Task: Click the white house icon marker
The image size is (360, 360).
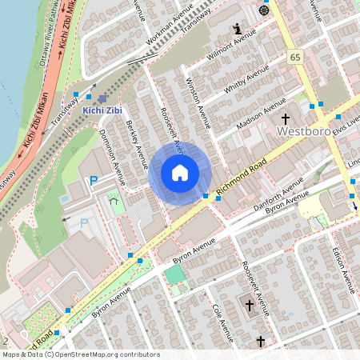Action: coord(180,172)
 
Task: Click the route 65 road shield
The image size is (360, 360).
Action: coord(294,57)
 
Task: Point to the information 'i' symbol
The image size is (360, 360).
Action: coord(237,29)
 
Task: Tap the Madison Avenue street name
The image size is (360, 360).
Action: coord(262,114)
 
